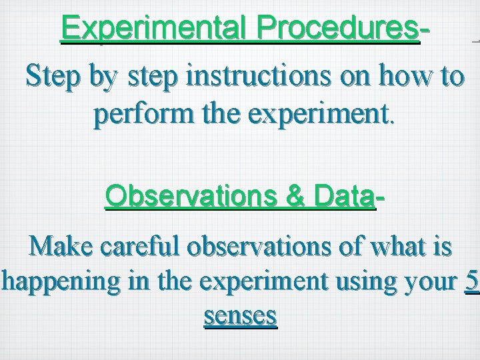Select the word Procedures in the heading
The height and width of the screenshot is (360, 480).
coord(340,28)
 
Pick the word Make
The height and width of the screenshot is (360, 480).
coord(62,246)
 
